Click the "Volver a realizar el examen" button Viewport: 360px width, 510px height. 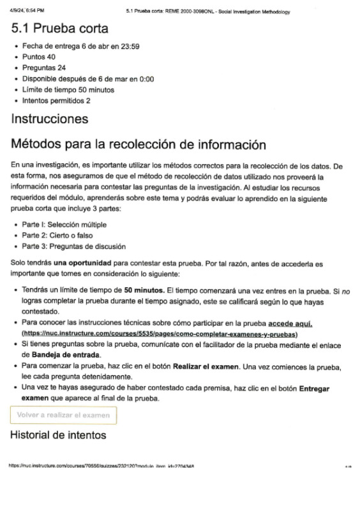coord(63,416)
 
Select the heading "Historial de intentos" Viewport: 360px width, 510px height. coord(58,436)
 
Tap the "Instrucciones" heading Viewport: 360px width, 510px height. coord(50,119)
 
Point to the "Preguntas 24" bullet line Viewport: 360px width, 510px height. coord(44,68)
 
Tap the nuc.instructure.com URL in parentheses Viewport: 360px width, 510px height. coord(160,334)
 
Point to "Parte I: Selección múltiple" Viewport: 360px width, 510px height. coord(64,225)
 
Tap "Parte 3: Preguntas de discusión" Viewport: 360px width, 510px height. coord(73,246)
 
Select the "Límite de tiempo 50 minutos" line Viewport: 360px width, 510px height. coord(68,90)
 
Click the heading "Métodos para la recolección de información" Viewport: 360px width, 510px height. coord(139,145)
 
